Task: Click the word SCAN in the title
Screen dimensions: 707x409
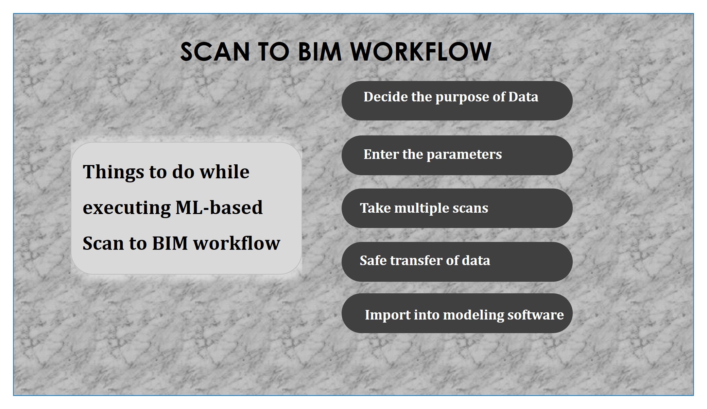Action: click(x=215, y=52)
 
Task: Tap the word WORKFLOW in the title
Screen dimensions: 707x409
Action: click(x=421, y=52)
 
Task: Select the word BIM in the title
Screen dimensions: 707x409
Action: click(x=320, y=52)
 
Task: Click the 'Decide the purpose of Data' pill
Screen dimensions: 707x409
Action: click(x=457, y=101)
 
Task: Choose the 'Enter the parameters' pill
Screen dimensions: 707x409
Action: click(x=457, y=155)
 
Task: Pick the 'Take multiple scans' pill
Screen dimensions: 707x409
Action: click(x=457, y=208)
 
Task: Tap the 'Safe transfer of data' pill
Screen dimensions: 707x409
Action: click(x=457, y=262)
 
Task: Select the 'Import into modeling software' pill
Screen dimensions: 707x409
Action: click(x=457, y=313)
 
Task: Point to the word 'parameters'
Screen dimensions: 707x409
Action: click(x=464, y=155)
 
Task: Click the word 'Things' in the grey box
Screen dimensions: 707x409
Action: click(x=114, y=172)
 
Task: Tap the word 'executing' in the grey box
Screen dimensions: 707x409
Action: click(x=127, y=208)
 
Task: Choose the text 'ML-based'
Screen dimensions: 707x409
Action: click(x=219, y=207)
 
